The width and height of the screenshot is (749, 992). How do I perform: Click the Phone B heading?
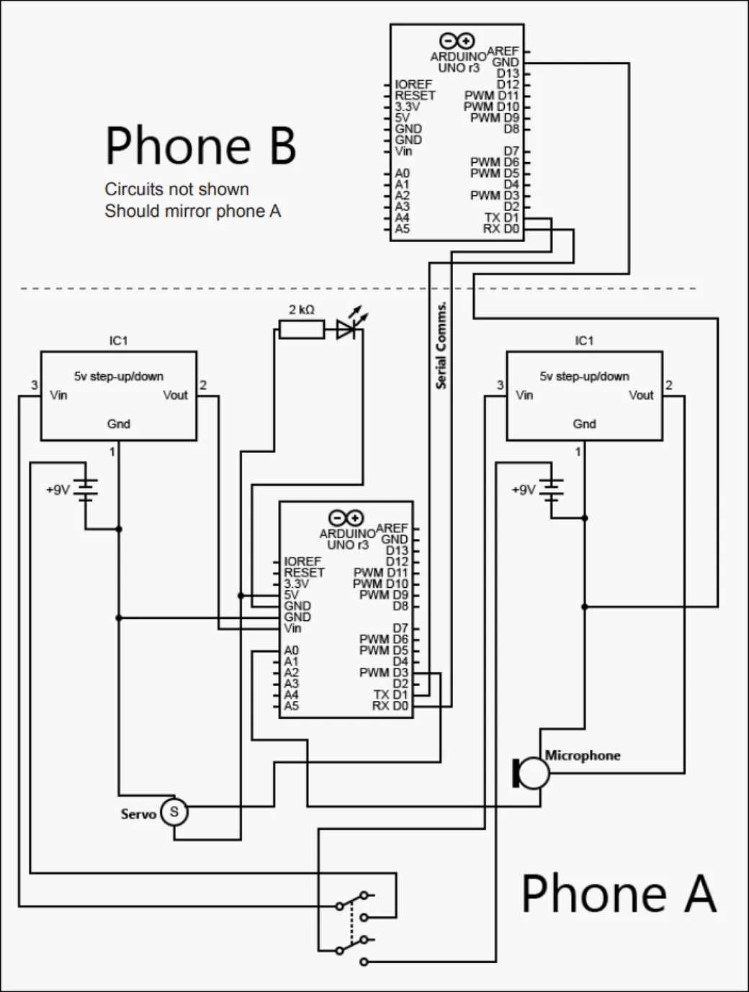(201, 145)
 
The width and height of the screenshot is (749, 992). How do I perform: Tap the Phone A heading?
(619, 893)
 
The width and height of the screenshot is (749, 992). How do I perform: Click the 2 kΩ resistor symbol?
(301, 329)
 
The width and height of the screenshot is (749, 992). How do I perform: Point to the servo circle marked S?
(174, 812)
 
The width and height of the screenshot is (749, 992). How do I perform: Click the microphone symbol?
(531, 773)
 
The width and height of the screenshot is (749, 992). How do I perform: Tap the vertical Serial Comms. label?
(441, 345)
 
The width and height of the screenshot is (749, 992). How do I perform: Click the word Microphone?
(583, 755)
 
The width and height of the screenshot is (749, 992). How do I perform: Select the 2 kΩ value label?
(301, 310)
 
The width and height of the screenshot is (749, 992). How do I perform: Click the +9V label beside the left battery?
(58, 490)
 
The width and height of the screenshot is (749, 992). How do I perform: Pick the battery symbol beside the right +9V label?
(551, 491)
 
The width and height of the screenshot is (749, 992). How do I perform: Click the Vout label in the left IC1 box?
(175, 395)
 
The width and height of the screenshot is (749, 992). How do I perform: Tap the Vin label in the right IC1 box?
(524, 395)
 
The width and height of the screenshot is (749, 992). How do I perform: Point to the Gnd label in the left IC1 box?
(119, 424)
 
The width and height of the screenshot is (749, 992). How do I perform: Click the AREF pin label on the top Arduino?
(503, 51)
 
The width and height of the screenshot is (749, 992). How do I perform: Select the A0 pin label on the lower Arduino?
(292, 651)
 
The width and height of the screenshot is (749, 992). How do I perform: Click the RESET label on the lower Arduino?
(304, 573)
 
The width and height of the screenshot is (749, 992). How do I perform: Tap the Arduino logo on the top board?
(457, 40)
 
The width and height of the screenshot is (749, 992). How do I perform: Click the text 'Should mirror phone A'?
(193, 211)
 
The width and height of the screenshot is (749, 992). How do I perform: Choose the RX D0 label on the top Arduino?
(501, 228)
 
